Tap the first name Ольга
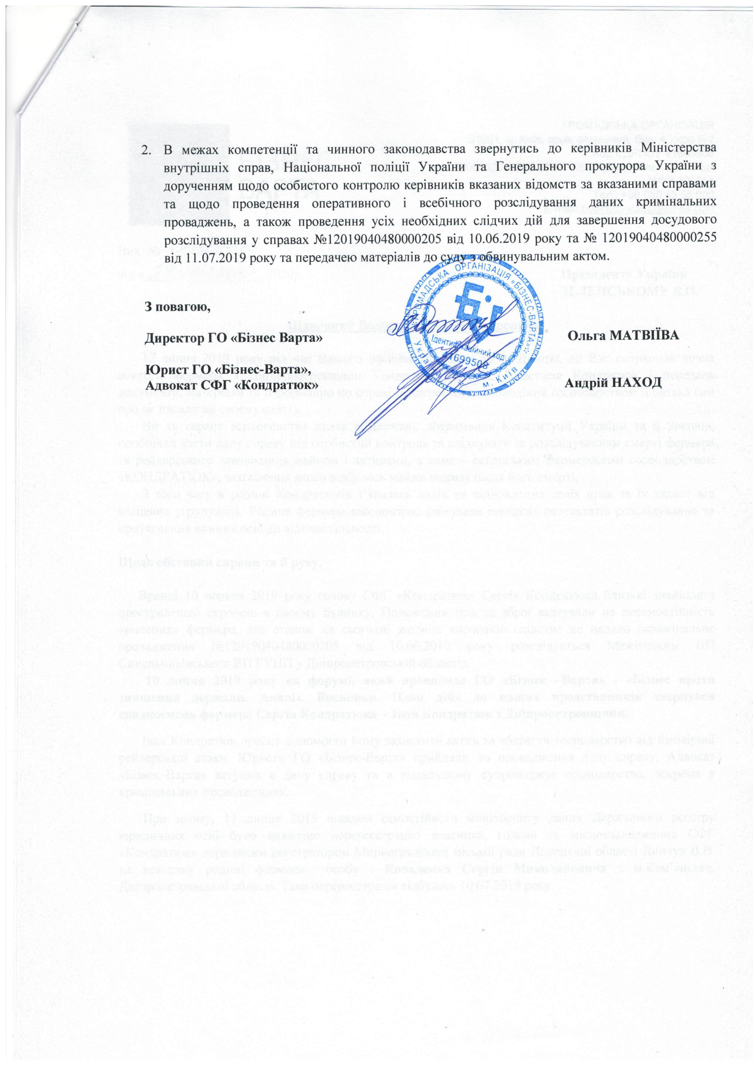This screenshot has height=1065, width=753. tap(585, 335)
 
